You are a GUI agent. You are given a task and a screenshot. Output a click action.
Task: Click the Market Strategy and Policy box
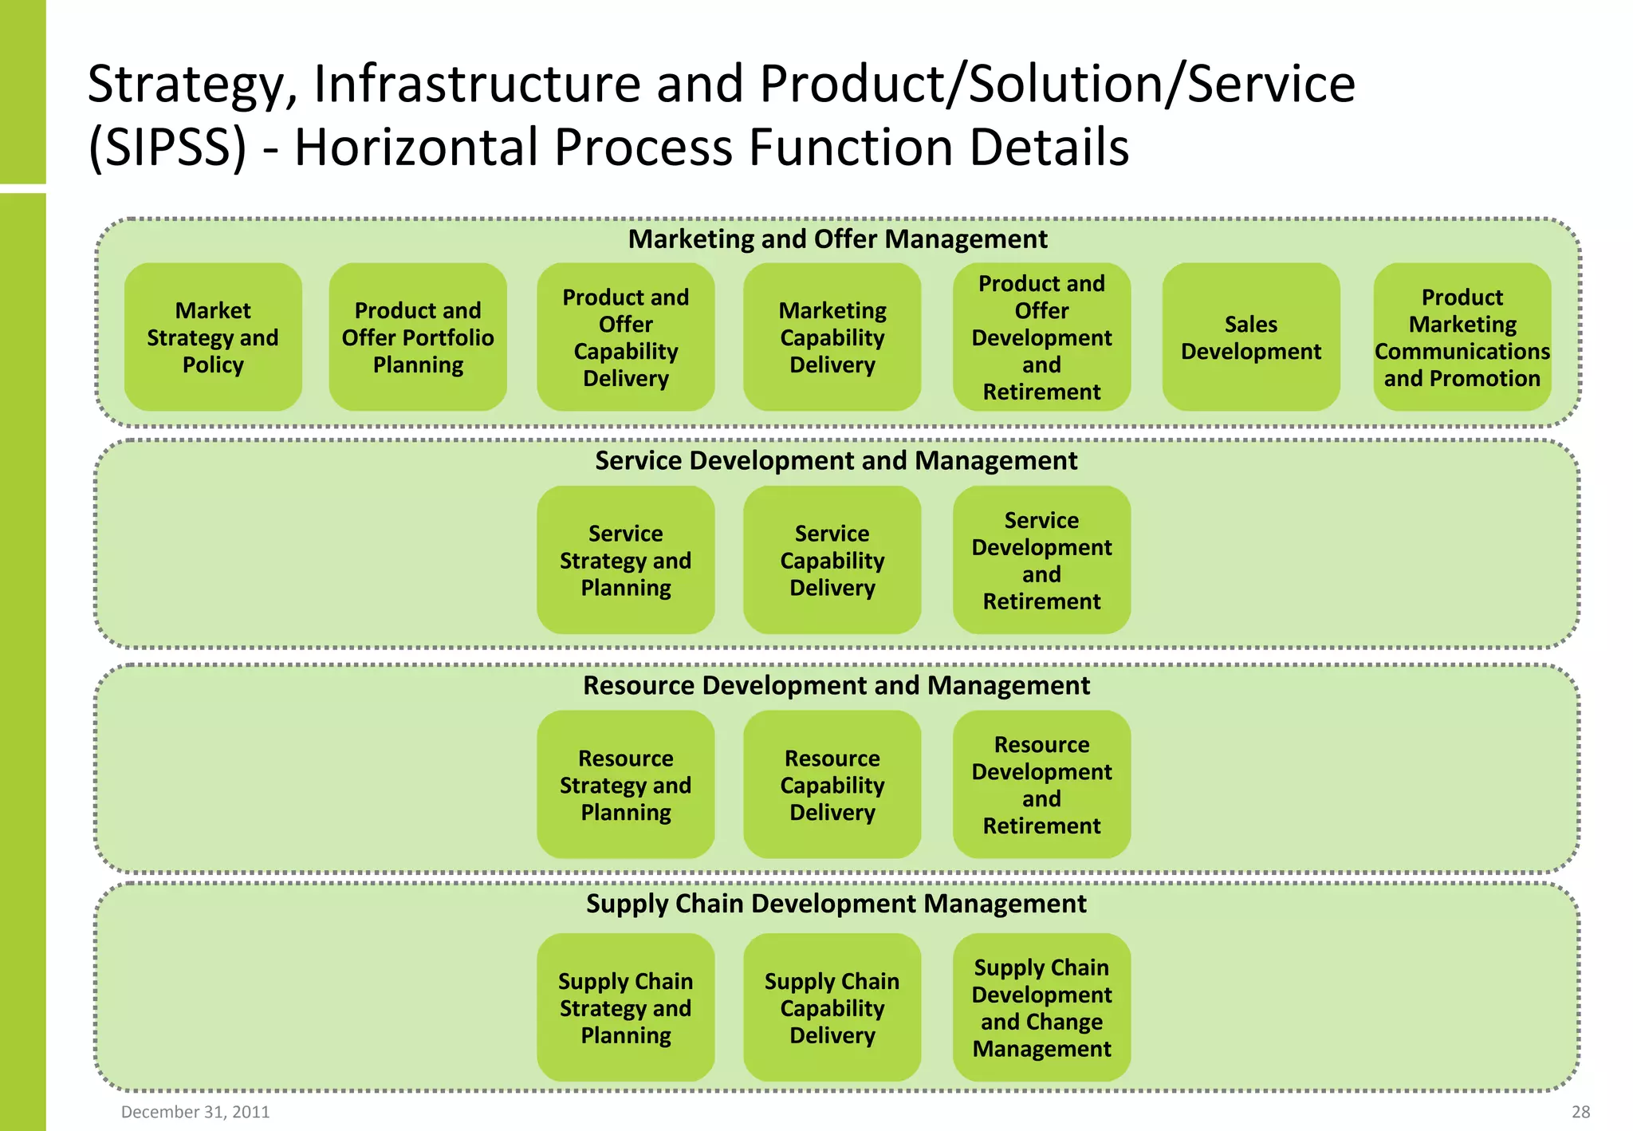click(x=213, y=337)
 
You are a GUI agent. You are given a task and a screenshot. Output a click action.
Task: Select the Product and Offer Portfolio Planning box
click(x=418, y=337)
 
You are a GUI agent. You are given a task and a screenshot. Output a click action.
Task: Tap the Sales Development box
click(x=1250, y=337)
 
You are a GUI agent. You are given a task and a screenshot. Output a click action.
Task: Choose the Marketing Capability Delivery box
click(x=832, y=337)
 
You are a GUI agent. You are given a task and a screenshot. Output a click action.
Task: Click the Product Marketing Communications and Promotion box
click(x=1462, y=337)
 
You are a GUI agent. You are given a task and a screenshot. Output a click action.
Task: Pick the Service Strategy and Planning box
click(x=625, y=560)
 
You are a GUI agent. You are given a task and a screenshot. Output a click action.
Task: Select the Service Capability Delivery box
click(x=832, y=560)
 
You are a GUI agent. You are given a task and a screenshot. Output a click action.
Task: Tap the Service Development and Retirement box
click(x=1041, y=560)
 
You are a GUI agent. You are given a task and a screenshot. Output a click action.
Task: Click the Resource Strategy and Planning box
click(x=625, y=785)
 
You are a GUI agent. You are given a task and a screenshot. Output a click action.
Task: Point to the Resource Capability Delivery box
click(x=832, y=785)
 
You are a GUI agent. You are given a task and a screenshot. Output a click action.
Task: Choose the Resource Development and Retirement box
click(x=1041, y=785)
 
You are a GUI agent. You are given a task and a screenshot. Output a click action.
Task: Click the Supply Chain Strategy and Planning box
click(x=625, y=1007)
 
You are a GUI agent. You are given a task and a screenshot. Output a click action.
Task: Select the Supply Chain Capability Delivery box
click(x=832, y=1007)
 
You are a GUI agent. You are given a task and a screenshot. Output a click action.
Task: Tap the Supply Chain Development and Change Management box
click(x=1041, y=1007)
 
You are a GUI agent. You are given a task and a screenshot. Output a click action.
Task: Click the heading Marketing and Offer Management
click(x=837, y=239)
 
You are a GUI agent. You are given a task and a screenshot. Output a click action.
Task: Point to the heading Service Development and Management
click(x=836, y=461)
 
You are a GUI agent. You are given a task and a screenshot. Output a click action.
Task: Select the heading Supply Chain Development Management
click(x=836, y=904)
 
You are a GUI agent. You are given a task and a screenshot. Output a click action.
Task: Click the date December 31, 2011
click(x=195, y=1112)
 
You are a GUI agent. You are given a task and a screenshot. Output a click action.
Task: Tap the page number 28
click(x=1580, y=1112)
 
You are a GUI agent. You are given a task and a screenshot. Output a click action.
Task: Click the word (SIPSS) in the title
click(x=167, y=148)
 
